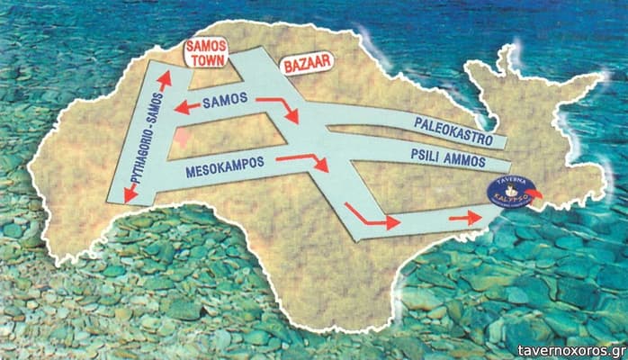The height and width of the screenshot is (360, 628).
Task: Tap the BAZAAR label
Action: (308, 64)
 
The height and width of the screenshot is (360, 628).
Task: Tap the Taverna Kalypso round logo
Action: (510, 192)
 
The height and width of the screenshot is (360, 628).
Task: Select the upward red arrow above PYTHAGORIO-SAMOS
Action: (164, 80)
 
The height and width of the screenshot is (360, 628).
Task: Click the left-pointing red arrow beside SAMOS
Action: (187, 108)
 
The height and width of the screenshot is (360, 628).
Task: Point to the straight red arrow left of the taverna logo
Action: (464, 218)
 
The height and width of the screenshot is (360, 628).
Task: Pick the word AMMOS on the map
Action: (462, 162)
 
